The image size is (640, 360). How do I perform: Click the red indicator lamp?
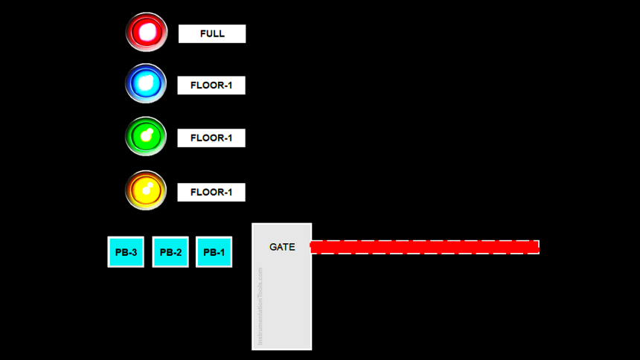click(x=147, y=32)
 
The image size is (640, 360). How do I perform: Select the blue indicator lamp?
click(x=146, y=83)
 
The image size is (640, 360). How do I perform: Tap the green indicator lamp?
click(x=146, y=137)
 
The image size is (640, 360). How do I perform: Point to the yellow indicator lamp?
click(x=146, y=190)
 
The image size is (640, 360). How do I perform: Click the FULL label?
click(x=212, y=33)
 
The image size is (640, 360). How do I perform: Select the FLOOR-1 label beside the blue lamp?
click(x=211, y=86)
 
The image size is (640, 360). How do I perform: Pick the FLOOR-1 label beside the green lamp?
click(x=211, y=138)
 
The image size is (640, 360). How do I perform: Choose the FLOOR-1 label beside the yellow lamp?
click(x=211, y=193)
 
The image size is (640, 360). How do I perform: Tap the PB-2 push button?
click(x=170, y=252)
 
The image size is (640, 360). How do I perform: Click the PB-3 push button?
click(x=126, y=252)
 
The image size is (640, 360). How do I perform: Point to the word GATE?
click(x=282, y=247)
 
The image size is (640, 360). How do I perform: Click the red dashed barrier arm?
click(x=424, y=247)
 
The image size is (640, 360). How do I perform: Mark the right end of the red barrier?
click(x=537, y=247)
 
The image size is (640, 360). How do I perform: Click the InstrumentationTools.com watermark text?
click(x=260, y=306)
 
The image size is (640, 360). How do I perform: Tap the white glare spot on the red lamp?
click(x=148, y=31)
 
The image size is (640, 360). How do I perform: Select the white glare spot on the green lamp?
click(x=148, y=135)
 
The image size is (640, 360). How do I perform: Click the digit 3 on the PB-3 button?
click(x=134, y=252)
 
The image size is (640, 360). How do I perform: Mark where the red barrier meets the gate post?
click(x=312, y=247)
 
